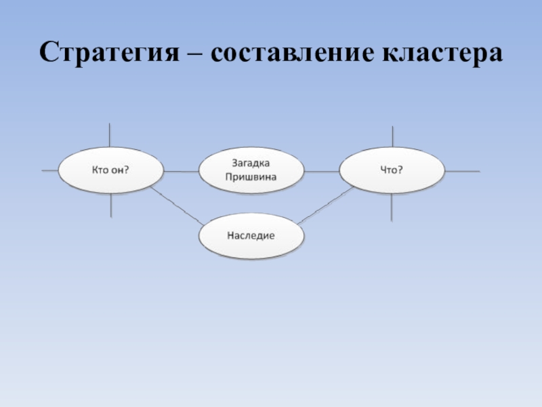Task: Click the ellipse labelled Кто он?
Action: pyautogui.click(x=111, y=170)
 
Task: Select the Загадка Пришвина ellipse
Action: pyautogui.click(x=251, y=170)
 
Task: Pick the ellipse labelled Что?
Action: pyautogui.click(x=392, y=170)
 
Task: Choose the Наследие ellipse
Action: pyautogui.click(x=251, y=235)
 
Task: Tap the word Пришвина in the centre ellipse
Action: pyautogui.click(x=251, y=177)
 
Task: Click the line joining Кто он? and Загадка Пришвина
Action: pyautogui.click(x=181, y=171)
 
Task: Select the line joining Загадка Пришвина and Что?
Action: pyautogui.click(x=321, y=171)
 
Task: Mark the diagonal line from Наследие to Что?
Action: pyautogui.click(x=325, y=206)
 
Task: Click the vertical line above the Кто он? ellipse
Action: pyautogui.click(x=111, y=136)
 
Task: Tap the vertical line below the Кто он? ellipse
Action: pyautogui.click(x=111, y=206)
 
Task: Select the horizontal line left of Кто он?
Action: pyautogui.click(x=50, y=171)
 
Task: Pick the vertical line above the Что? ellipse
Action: pyautogui.click(x=392, y=136)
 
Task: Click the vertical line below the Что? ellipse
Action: pyautogui.click(x=392, y=207)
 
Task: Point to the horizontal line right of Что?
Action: pyautogui.click(x=462, y=171)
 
